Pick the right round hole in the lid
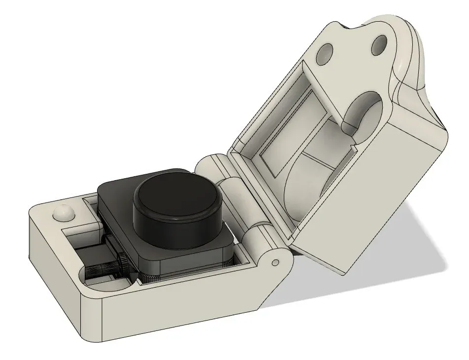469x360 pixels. (x=380, y=46)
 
